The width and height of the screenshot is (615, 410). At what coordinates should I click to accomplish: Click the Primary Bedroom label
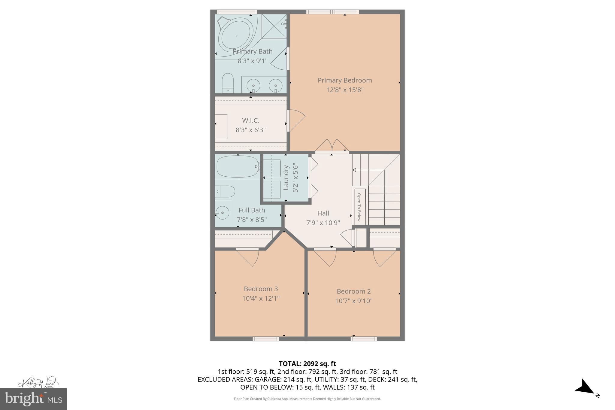coord(345,80)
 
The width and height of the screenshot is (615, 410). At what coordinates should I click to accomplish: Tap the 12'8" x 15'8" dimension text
coord(345,90)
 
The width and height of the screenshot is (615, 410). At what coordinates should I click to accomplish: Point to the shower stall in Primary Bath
coord(273,26)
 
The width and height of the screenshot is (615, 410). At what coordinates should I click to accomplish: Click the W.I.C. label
coord(250,120)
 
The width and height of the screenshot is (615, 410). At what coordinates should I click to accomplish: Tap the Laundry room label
coord(286,178)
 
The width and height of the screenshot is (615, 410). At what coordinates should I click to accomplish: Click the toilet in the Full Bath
coord(225,191)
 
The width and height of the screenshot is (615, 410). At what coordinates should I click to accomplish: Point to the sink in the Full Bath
coord(223,213)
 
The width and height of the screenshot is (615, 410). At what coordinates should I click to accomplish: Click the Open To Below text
coord(359,207)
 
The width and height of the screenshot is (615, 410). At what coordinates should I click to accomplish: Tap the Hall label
coord(323,213)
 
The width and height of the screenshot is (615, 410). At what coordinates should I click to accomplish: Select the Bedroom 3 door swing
coord(248,258)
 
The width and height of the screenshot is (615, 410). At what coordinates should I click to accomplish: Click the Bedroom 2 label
coord(353,291)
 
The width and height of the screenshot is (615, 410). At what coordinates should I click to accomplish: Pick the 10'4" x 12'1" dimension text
coord(261,299)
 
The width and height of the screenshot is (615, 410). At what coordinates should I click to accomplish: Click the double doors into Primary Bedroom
coord(332,146)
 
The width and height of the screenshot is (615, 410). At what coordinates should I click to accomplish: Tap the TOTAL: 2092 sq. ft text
coord(307,364)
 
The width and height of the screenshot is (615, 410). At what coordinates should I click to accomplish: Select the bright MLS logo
coord(33,399)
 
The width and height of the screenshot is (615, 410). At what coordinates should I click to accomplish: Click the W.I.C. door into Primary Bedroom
coord(296,120)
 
